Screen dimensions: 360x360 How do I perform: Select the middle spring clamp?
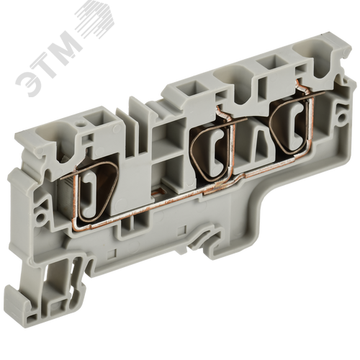coord(212,148)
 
